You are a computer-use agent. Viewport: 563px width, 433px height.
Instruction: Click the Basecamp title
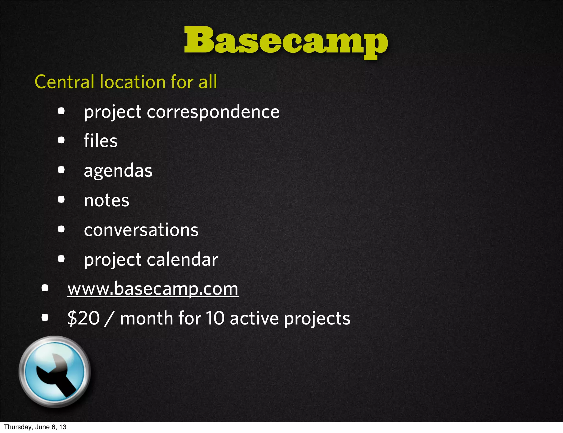click(x=286, y=41)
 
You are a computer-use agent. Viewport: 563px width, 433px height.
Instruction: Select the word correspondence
click(x=213, y=112)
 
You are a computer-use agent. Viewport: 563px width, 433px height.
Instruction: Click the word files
click(x=101, y=141)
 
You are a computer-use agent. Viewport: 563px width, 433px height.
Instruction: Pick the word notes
click(x=106, y=200)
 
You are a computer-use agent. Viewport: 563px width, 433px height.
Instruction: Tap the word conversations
click(x=141, y=230)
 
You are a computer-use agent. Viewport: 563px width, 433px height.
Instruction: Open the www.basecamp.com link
click(x=153, y=289)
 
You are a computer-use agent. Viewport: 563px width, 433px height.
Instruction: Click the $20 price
click(x=84, y=318)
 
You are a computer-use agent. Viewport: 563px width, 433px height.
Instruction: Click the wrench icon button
click(x=55, y=371)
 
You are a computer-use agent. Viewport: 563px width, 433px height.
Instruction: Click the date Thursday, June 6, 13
click(x=35, y=427)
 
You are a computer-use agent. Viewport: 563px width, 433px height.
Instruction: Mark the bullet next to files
click(x=61, y=140)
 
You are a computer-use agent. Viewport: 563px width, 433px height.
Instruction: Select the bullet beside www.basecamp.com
click(x=45, y=288)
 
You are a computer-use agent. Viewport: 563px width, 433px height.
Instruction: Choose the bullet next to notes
click(x=61, y=199)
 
